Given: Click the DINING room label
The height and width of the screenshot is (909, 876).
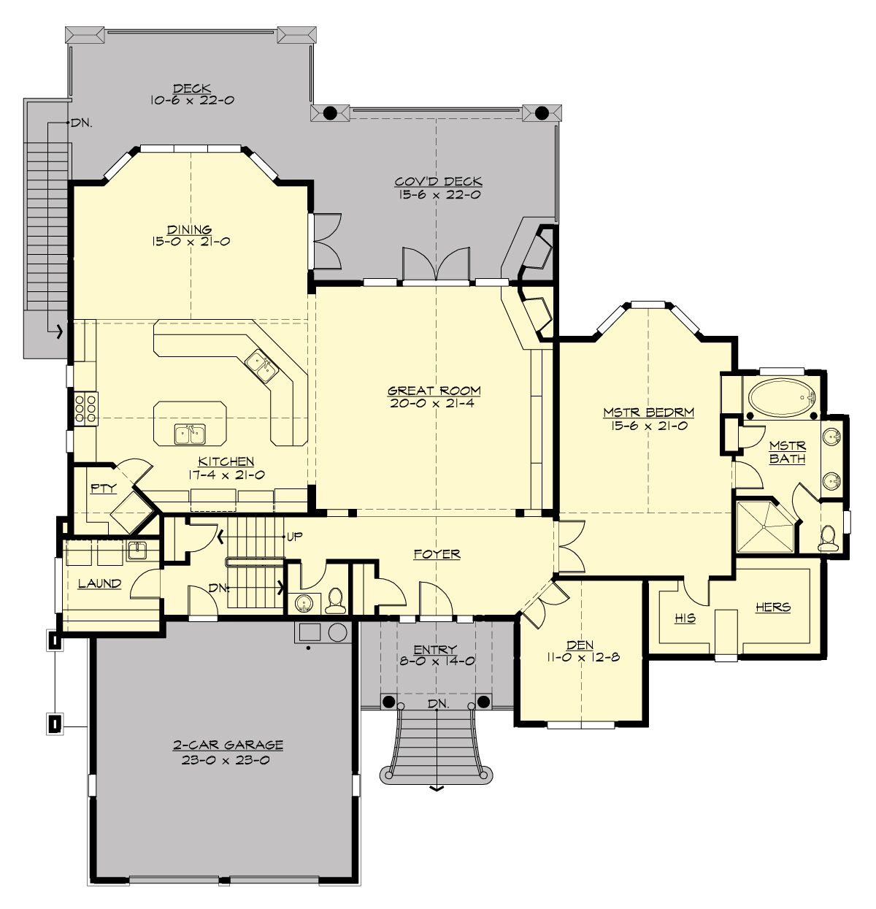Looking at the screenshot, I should point(190,229).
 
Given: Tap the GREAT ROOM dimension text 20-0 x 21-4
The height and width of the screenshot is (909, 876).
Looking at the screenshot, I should point(434,403).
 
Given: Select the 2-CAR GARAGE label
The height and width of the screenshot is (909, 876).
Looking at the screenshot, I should point(228,745).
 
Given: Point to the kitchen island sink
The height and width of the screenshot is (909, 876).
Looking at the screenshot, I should point(190,434).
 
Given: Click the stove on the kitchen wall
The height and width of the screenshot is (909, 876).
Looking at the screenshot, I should point(85,408).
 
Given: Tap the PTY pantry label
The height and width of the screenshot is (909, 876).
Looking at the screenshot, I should point(103,488).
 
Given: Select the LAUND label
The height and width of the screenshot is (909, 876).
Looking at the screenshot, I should point(99,583).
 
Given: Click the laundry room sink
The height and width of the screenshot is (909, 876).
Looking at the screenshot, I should point(137,551).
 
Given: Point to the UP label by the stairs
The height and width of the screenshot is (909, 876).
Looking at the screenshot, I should point(294,537).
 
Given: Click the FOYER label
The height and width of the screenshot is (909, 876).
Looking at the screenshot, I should point(437,554).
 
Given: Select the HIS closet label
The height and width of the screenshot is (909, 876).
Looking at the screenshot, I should point(685,618).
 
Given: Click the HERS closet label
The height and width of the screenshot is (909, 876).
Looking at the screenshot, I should point(772,607).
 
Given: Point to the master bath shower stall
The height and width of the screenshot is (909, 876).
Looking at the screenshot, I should point(764,526).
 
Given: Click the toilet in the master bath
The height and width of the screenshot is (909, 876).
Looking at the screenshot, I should point(827,539).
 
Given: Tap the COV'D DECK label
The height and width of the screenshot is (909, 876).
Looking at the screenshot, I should point(438,182).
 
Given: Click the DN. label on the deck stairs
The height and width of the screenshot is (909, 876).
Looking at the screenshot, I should point(82,123).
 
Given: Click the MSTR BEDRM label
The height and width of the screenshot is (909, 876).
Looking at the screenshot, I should point(648,413).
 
